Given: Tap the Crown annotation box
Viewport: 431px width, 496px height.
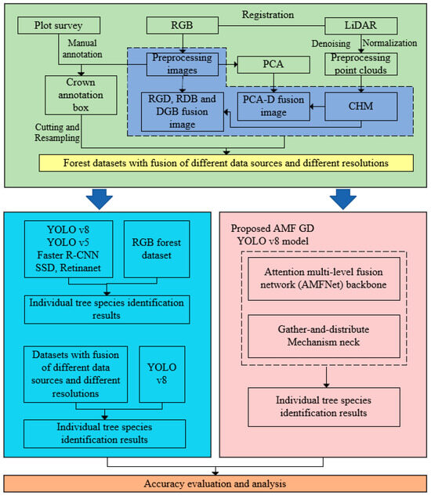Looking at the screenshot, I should pyautogui.click(x=78, y=93).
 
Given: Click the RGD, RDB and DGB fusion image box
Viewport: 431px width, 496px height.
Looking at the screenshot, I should pyautogui.click(x=177, y=109).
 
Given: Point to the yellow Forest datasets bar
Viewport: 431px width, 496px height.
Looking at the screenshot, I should pyautogui.click(x=226, y=163).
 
